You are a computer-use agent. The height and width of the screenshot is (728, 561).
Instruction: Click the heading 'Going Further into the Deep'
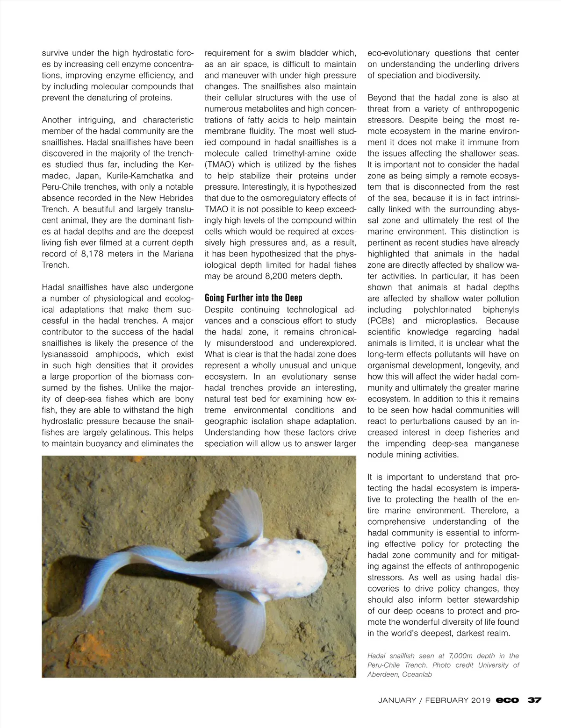(254, 298)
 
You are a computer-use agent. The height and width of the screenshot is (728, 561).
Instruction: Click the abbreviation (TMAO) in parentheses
(220, 164)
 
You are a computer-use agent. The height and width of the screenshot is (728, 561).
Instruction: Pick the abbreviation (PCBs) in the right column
(382, 321)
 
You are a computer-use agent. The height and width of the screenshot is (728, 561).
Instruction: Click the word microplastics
(453, 321)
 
